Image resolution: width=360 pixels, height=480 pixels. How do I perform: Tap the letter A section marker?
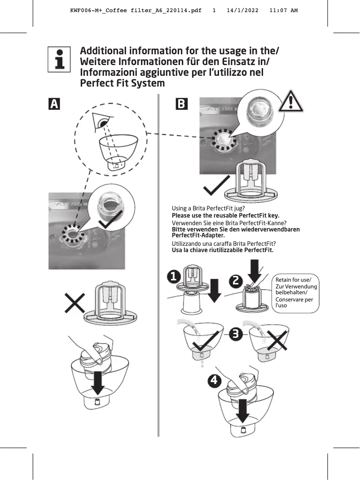tap(54, 104)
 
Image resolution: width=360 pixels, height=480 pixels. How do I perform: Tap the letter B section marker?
tap(181, 104)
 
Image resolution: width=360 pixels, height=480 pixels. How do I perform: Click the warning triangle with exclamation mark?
tap(291, 101)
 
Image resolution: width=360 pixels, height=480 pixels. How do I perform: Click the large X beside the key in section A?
tap(75, 305)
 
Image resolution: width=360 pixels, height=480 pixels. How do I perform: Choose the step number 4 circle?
tap(215, 381)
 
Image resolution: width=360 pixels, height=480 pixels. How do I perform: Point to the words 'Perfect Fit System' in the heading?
tap(122, 83)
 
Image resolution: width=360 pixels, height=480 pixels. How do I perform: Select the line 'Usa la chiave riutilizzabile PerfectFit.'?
tap(223, 250)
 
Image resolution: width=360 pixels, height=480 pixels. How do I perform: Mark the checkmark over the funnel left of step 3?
tap(204, 343)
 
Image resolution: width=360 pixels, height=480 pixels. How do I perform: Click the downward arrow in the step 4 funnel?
tap(243, 411)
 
